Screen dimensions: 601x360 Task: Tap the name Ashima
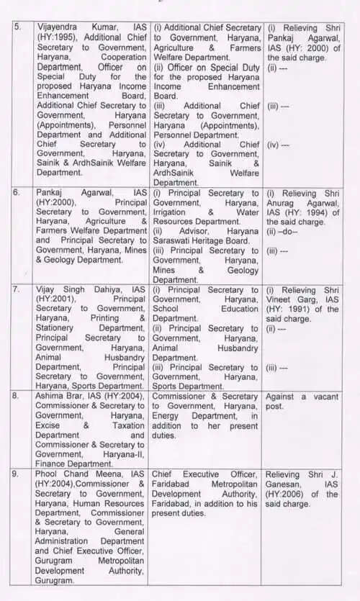(51, 396)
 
